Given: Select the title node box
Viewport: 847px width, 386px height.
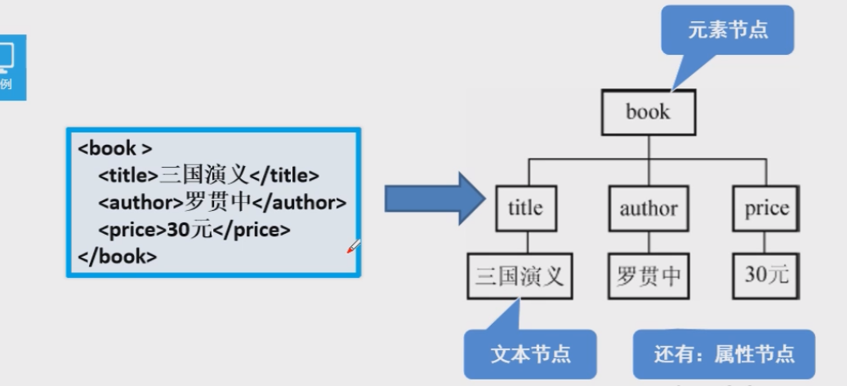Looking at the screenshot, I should coord(524,208).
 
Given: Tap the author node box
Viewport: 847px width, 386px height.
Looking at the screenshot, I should coord(648,208).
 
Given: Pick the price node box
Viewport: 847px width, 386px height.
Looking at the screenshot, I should coord(766,208).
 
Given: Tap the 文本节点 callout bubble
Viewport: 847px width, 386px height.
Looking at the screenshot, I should coord(530,354).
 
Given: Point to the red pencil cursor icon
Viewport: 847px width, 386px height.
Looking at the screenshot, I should coord(354,245).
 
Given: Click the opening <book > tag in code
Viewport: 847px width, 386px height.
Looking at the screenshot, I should coord(114,150).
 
